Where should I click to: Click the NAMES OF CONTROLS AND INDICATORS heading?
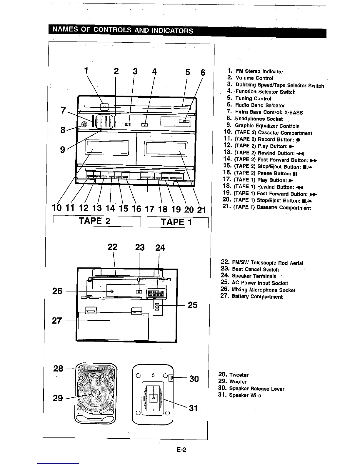click(x=122, y=30)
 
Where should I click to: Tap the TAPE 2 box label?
click(x=94, y=221)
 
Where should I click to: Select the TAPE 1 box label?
click(x=176, y=222)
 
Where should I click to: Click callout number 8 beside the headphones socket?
click(x=63, y=130)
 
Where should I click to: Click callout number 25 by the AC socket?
click(x=192, y=305)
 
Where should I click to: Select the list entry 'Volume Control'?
click(x=254, y=78)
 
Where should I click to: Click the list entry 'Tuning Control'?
click(x=253, y=99)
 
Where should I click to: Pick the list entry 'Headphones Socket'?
click(x=259, y=119)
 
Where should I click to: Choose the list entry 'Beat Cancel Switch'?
click(x=255, y=269)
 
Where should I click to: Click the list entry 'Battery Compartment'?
click(x=257, y=297)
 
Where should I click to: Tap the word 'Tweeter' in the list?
click(x=239, y=375)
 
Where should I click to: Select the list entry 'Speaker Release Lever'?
click(x=256, y=389)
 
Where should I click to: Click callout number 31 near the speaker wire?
click(x=193, y=408)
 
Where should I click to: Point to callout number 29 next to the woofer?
click(x=58, y=398)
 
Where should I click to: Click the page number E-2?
click(x=181, y=450)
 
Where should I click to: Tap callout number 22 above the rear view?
click(x=112, y=247)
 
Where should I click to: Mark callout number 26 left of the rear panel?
click(x=57, y=291)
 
